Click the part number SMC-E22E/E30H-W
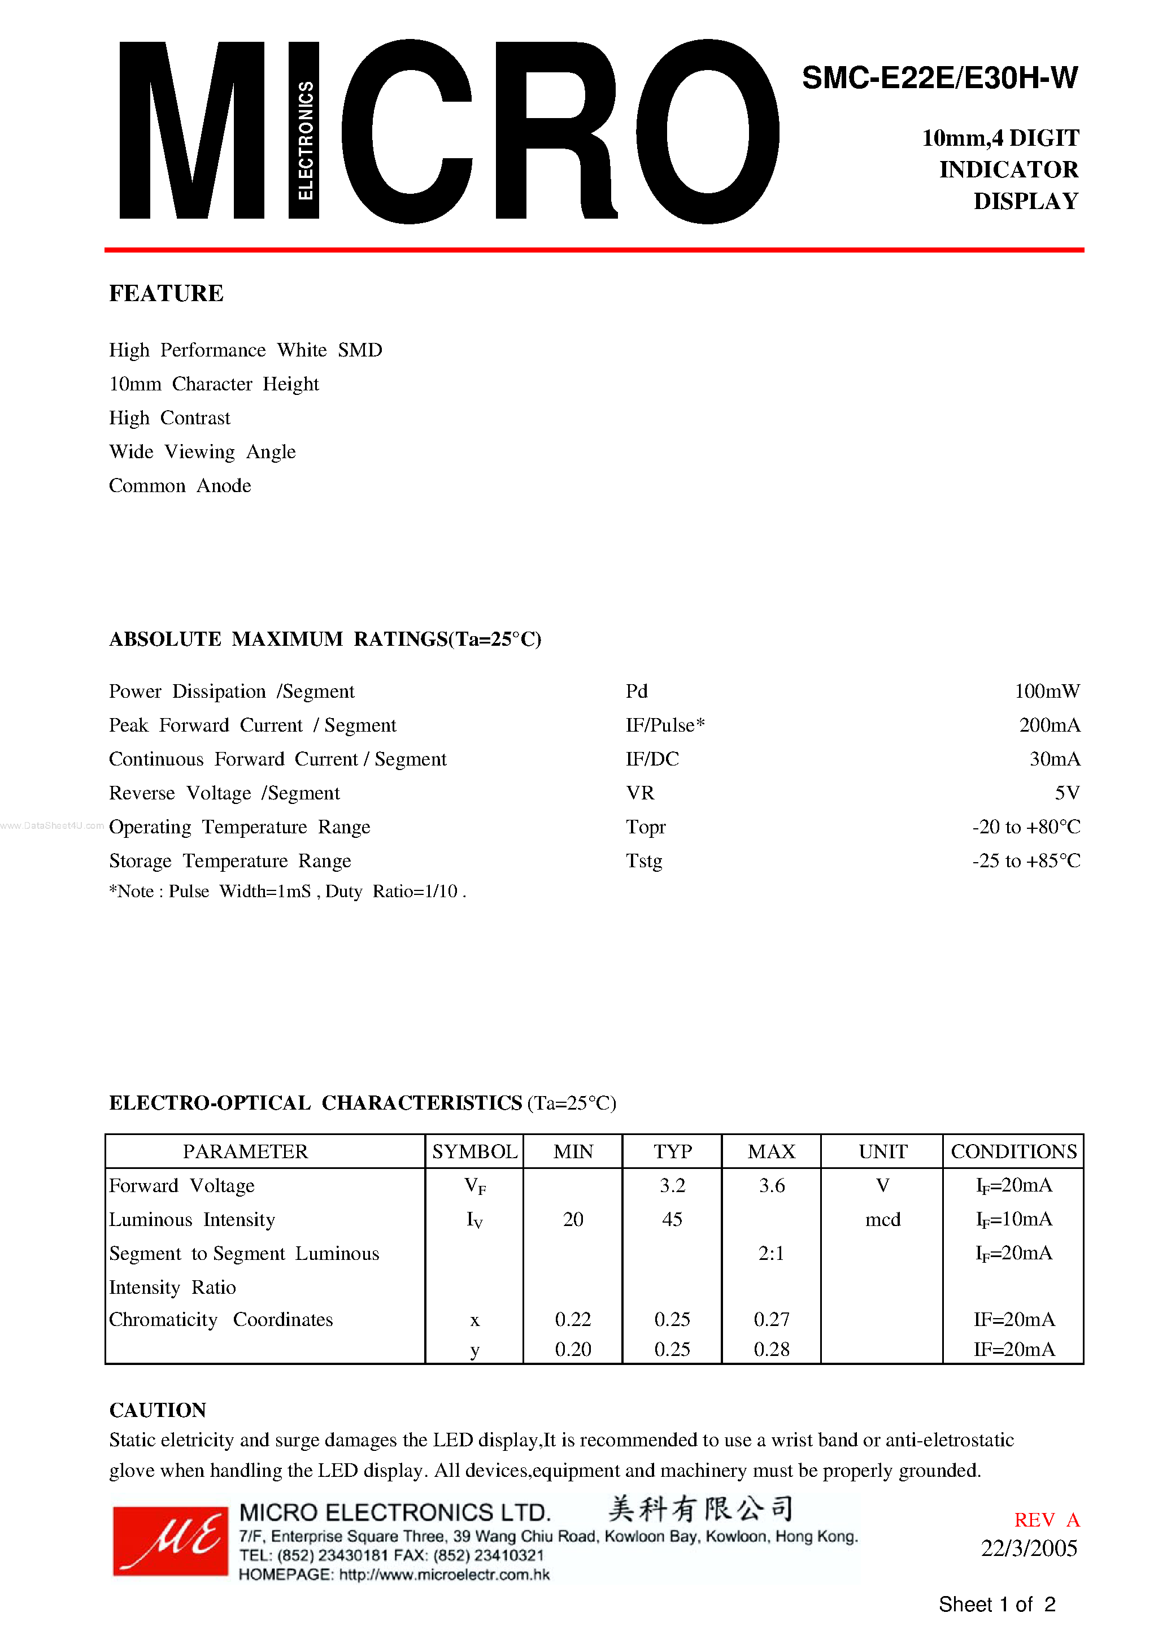click(x=939, y=78)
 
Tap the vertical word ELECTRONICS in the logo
click(x=305, y=140)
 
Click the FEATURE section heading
click(x=166, y=294)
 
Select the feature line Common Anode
click(x=180, y=486)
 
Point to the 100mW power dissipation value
click(x=1047, y=692)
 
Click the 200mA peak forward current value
click(x=1049, y=725)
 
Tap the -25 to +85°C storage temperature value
click(x=1026, y=861)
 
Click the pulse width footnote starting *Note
click(x=287, y=892)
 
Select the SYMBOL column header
click(x=474, y=1152)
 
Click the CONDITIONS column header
click(x=1013, y=1152)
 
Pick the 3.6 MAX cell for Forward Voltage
click(x=771, y=1186)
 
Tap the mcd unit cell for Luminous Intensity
click(x=883, y=1220)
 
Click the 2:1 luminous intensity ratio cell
click(x=770, y=1253)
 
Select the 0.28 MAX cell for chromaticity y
click(x=771, y=1350)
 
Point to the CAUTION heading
click(x=158, y=1410)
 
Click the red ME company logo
click(x=171, y=1541)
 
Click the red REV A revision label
click(x=1046, y=1520)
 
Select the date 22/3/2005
click(x=1029, y=1549)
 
